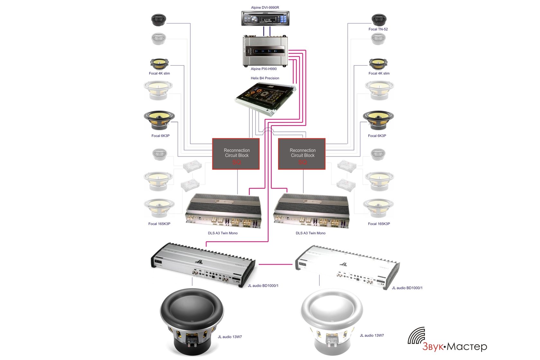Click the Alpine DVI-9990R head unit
coord(265,19)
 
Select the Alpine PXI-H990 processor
coord(265,51)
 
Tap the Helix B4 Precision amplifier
coord(265,98)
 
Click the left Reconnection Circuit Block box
coord(236,154)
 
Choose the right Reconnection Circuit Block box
coord(302,154)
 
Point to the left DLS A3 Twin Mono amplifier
coord(223,211)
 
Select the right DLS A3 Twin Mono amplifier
coord(311,211)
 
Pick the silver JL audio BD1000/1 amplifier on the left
coord(203,265)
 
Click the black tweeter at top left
coord(158,20)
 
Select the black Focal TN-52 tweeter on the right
coord(379,20)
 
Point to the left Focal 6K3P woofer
coord(159,120)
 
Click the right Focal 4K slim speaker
coord(378,64)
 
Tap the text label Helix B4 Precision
coord(265,78)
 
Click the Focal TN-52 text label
coord(378,29)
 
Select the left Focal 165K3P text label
coord(159,224)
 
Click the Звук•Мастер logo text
coord(455,346)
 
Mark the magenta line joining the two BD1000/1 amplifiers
coord(275,265)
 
